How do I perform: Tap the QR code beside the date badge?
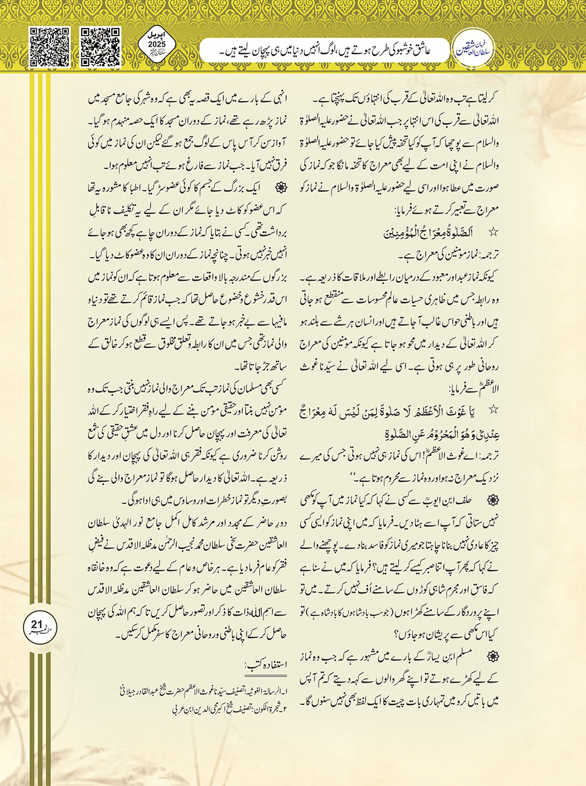click(101, 47)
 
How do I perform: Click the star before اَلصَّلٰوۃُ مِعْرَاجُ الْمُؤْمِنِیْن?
click(493, 232)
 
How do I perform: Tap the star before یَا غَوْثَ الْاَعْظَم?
click(493, 409)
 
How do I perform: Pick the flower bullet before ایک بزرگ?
click(280, 187)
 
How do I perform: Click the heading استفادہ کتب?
click(266, 664)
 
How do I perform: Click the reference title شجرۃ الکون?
click(268, 710)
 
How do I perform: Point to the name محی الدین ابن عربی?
click(191, 710)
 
